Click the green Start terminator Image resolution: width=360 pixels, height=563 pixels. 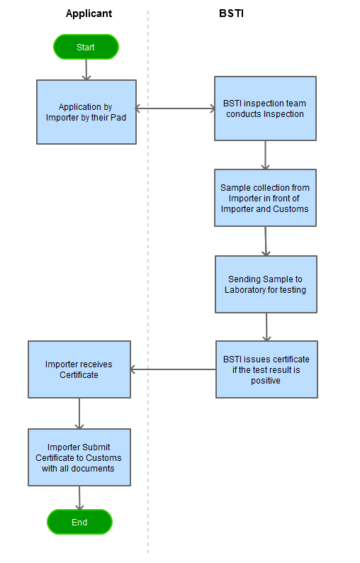[x=86, y=47]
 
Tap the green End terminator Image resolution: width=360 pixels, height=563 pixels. [x=79, y=522]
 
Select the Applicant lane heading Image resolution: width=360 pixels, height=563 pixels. [x=89, y=13]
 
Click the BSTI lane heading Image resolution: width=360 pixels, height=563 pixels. [x=232, y=13]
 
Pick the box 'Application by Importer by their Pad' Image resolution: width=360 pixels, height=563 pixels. [x=86, y=112]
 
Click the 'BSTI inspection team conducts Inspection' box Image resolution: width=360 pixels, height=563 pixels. [x=265, y=108]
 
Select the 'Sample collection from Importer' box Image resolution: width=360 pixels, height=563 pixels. [x=265, y=198]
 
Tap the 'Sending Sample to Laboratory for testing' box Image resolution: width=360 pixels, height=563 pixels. [x=266, y=284]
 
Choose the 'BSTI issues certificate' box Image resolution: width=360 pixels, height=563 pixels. [x=266, y=369]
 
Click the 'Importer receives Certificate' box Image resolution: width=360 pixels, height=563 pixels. [x=79, y=369]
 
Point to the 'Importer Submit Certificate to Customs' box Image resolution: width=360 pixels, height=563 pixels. [x=79, y=457]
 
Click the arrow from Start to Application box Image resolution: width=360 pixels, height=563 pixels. [x=86, y=69]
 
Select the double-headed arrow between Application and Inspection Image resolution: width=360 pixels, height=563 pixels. [x=175, y=108]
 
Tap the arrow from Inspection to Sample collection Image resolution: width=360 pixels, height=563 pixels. [x=265, y=155]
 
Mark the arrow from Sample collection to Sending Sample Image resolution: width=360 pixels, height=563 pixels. [x=266, y=241]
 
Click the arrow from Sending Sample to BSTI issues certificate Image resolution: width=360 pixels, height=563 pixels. [x=266, y=327]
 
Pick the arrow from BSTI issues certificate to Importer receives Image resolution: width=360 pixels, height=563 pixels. [x=174, y=369]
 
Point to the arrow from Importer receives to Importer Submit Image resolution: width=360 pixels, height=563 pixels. [x=79, y=413]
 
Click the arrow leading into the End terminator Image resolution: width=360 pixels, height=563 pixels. [x=79, y=498]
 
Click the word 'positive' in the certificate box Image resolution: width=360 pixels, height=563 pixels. [x=266, y=381]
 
